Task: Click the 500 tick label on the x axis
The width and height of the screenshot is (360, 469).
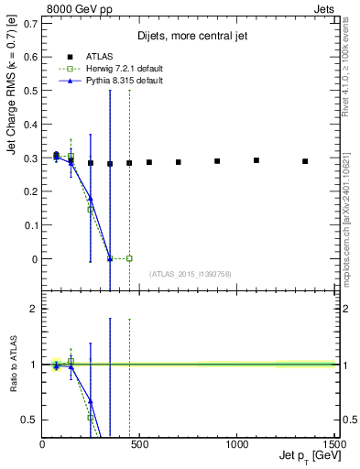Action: [x=139, y=444]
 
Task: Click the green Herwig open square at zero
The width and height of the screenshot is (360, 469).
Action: [x=129, y=258]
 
